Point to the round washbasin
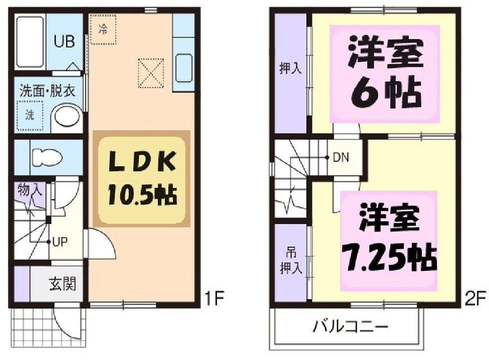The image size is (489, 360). [x=67, y=117]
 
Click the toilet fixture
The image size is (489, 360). [x=47, y=157]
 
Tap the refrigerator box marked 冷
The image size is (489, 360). [x=103, y=29]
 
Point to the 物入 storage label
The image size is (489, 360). [x=30, y=190]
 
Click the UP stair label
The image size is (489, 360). [x=60, y=242]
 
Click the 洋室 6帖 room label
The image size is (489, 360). [x=384, y=74]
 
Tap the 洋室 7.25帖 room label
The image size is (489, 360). [x=389, y=240]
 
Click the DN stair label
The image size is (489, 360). [x=341, y=157]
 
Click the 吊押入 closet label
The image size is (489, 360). [x=290, y=260]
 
